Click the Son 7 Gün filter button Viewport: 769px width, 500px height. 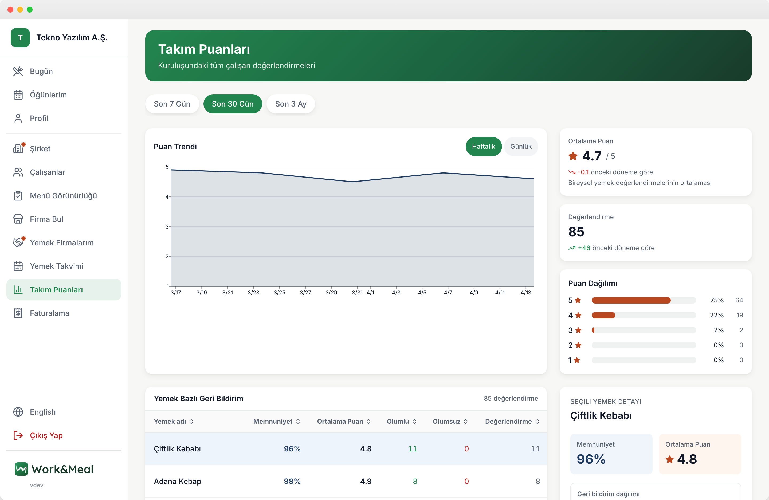[172, 104]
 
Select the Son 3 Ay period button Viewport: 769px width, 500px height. [291, 104]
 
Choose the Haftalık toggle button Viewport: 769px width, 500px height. [483, 146]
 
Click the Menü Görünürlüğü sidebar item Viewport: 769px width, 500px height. [64, 195]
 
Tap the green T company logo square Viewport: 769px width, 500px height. [20, 37]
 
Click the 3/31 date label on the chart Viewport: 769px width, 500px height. [357, 292]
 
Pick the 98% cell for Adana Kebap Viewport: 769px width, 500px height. [292, 481]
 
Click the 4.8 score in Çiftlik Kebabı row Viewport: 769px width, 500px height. [366, 449]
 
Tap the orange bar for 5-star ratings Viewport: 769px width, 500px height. [631, 300]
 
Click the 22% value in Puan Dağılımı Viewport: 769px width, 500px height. [716, 315]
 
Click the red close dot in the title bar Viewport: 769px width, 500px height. [10, 10]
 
